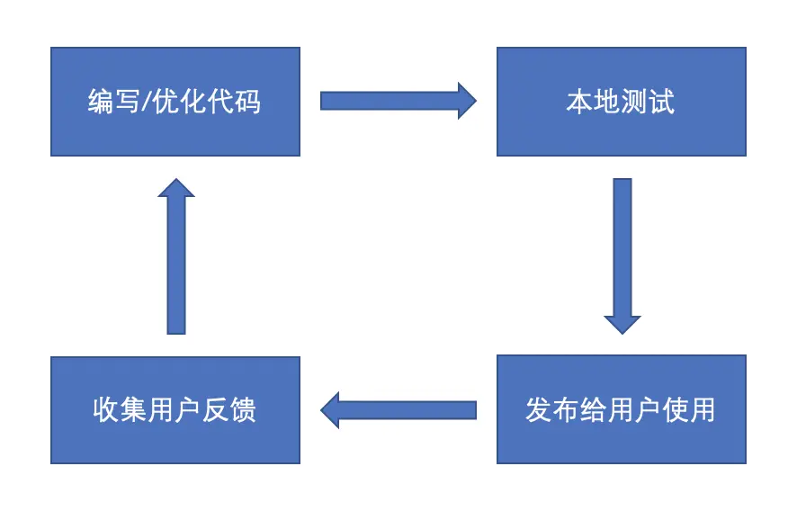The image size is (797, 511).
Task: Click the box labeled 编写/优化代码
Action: point(175,102)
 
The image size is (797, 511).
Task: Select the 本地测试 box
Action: point(621,102)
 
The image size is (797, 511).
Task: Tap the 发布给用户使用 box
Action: point(621,409)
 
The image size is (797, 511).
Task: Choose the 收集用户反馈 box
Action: point(175,410)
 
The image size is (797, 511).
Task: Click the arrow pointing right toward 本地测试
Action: point(398,101)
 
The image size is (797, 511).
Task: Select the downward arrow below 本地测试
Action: point(622,255)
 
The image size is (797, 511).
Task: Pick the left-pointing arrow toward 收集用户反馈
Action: point(398,410)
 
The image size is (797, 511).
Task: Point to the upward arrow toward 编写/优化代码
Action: point(176,255)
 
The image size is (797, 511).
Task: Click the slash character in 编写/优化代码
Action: point(146,101)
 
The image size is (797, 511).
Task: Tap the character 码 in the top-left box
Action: point(248,101)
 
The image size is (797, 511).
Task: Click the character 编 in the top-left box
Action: point(101,101)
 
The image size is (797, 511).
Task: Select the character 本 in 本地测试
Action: point(580,102)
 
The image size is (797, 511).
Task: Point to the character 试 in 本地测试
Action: point(661,102)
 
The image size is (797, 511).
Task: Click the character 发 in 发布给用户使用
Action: point(539,410)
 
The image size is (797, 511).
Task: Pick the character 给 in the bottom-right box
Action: point(593,410)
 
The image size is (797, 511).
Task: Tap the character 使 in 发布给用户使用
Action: point(675,410)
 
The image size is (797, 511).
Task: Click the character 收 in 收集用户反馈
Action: point(106,410)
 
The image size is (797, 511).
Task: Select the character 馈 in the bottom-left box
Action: point(243,410)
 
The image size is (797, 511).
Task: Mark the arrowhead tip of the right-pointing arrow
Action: point(476,101)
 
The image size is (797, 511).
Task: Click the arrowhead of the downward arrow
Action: point(622,325)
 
